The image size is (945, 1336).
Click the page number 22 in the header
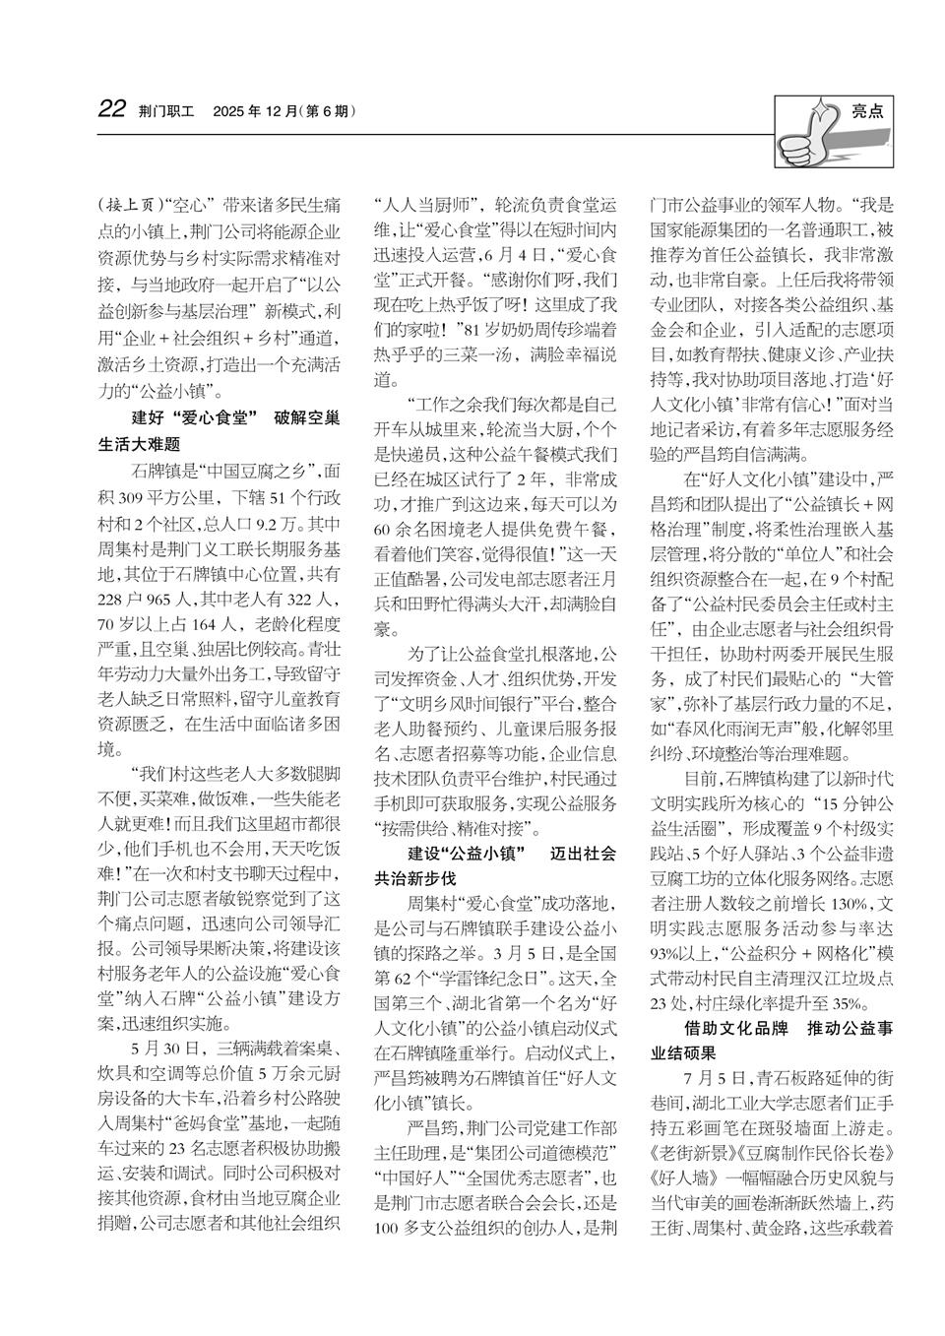(112, 110)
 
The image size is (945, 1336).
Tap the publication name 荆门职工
(167, 111)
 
